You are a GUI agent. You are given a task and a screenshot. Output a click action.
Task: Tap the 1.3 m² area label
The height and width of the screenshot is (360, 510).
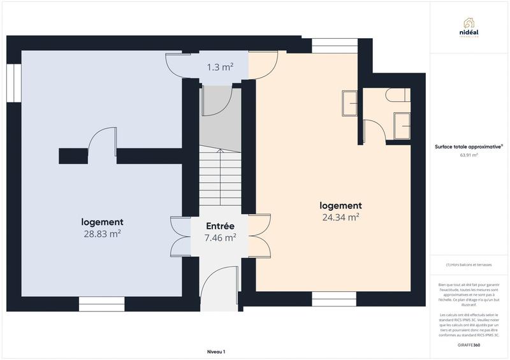(x=219, y=66)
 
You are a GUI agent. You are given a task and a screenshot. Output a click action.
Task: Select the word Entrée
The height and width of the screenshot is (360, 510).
(x=220, y=226)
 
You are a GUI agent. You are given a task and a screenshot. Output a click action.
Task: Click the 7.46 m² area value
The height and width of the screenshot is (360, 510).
(x=220, y=238)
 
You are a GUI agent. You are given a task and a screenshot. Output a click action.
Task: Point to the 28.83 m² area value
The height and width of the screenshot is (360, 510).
(x=102, y=233)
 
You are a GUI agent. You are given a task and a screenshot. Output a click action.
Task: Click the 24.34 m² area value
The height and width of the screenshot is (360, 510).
(x=340, y=217)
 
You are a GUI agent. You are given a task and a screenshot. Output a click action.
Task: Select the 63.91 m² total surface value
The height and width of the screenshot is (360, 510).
(x=469, y=155)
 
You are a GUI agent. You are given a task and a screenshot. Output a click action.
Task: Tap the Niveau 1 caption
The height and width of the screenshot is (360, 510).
(x=216, y=352)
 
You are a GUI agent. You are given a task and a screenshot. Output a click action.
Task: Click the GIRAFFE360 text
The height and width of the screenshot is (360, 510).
(x=469, y=344)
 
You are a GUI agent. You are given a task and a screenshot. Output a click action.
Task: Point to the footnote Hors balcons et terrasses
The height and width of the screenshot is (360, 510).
(x=469, y=264)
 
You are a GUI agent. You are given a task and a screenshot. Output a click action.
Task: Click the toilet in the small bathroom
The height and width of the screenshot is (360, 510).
(x=397, y=96)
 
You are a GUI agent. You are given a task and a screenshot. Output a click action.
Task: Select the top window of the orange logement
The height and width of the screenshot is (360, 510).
(x=334, y=45)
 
